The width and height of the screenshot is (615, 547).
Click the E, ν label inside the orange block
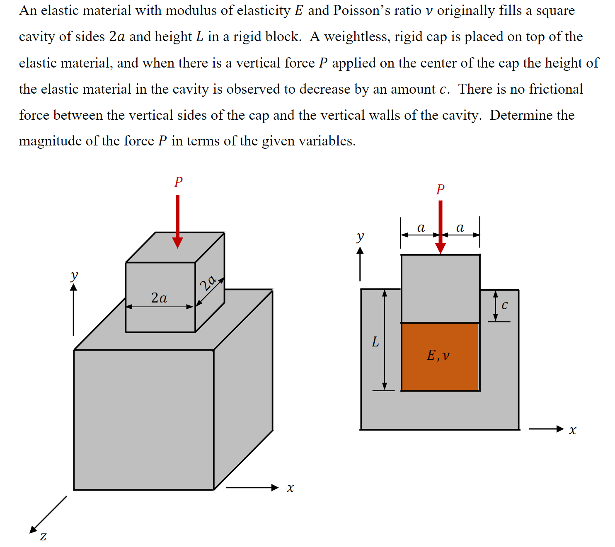(x=438, y=355)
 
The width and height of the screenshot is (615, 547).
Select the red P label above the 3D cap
(x=179, y=182)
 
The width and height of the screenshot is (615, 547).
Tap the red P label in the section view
(x=440, y=189)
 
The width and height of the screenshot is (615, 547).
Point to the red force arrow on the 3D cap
(x=178, y=220)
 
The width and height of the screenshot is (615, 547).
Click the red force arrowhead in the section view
(x=441, y=247)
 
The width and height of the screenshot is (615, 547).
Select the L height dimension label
(x=375, y=342)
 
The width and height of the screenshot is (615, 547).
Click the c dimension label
(x=504, y=305)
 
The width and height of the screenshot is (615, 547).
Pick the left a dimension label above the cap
(x=421, y=227)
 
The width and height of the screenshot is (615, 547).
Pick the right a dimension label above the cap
(x=460, y=227)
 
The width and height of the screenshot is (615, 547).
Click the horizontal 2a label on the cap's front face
(x=159, y=298)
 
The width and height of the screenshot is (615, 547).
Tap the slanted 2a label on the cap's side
(x=208, y=283)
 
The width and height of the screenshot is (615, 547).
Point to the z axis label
(x=43, y=537)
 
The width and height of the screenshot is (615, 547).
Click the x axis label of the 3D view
(x=290, y=488)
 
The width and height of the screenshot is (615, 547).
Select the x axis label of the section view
(x=572, y=430)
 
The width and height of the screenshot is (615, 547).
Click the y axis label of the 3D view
(x=74, y=275)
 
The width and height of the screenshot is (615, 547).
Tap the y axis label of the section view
(x=360, y=236)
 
